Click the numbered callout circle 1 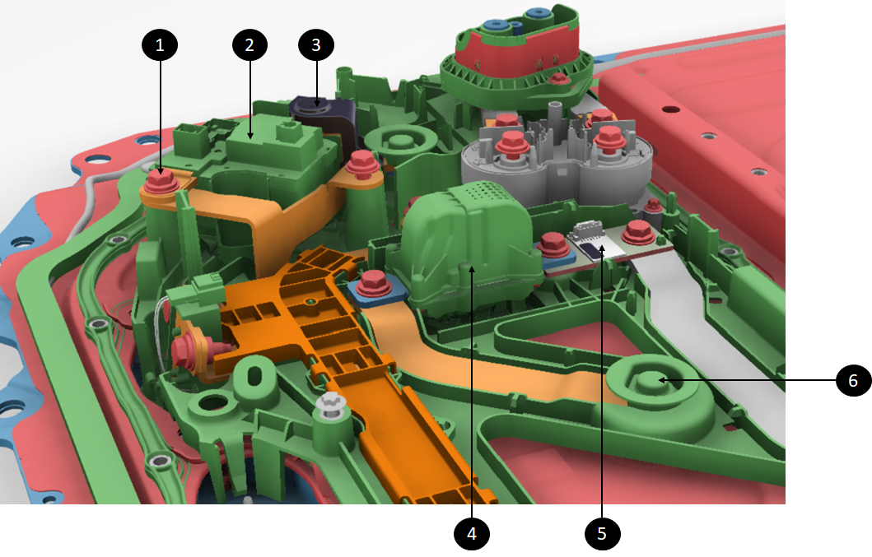(160, 45)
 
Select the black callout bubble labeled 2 (249, 45)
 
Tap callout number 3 (316, 45)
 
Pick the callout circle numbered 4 (472, 534)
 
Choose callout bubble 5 (602, 534)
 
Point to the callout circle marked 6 (854, 381)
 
